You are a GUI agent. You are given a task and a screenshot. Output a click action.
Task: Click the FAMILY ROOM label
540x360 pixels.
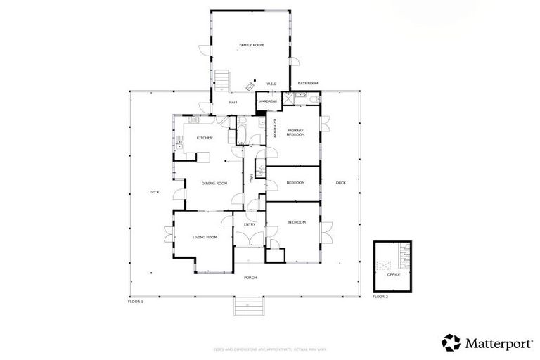[251, 45]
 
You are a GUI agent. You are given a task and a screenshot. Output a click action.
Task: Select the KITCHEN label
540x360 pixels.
[205, 138]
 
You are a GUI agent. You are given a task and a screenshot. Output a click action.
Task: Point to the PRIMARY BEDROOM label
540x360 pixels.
[295, 132]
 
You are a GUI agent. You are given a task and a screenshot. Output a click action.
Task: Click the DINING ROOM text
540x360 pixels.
[214, 184]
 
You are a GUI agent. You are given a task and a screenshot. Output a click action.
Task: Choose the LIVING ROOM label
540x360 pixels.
[205, 237]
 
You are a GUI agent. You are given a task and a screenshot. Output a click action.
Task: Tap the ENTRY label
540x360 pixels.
[250, 224]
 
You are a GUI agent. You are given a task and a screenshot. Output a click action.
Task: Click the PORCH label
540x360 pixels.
[250, 278]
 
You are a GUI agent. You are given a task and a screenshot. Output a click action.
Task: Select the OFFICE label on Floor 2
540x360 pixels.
[393, 274]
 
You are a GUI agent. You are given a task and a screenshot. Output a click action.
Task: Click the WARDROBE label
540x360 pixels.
[268, 101]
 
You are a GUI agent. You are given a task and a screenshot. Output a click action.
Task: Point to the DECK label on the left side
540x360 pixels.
[154, 192]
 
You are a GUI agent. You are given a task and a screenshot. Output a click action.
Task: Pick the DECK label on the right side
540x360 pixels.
[340, 183]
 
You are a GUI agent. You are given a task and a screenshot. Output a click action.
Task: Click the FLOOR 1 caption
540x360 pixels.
[135, 301]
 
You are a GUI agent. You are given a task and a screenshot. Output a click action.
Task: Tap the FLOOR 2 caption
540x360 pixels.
[380, 297]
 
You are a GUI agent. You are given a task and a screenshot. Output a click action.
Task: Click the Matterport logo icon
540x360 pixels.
[450, 342]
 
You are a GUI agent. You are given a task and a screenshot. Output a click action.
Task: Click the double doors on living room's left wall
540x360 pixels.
[169, 234]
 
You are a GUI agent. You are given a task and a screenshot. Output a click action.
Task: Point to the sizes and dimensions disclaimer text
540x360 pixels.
[269, 349]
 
